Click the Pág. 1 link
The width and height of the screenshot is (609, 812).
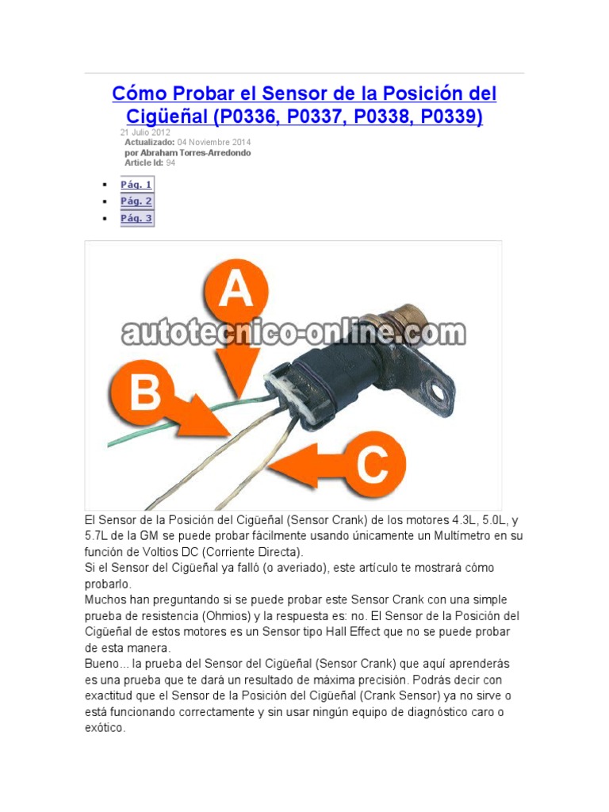pos(136,185)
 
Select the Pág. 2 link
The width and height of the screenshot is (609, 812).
pos(136,201)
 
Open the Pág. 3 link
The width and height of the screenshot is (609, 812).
pos(136,218)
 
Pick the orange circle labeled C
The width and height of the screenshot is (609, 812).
pos(371,465)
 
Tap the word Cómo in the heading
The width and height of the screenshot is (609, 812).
pos(140,94)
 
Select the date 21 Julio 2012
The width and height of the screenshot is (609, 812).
pos(145,132)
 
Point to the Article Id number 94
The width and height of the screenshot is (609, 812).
pos(170,163)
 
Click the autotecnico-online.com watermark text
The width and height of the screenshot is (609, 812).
pos(293,333)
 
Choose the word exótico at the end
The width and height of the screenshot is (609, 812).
pos(105,728)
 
